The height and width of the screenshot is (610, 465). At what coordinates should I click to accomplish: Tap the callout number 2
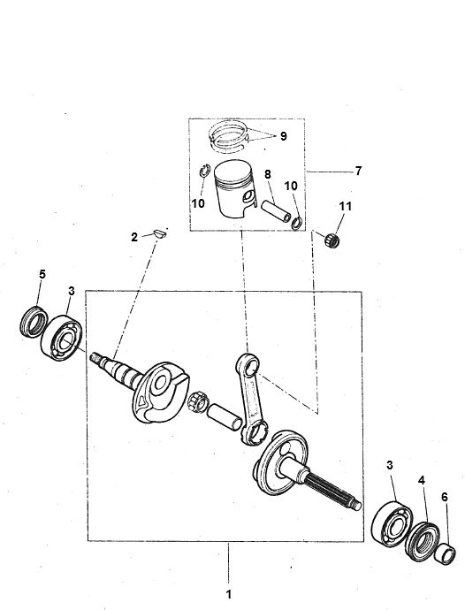tap(134, 237)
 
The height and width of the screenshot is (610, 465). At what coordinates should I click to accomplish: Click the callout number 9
tap(284, 136)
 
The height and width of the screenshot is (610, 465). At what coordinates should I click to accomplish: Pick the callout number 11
tap(344, 206)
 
